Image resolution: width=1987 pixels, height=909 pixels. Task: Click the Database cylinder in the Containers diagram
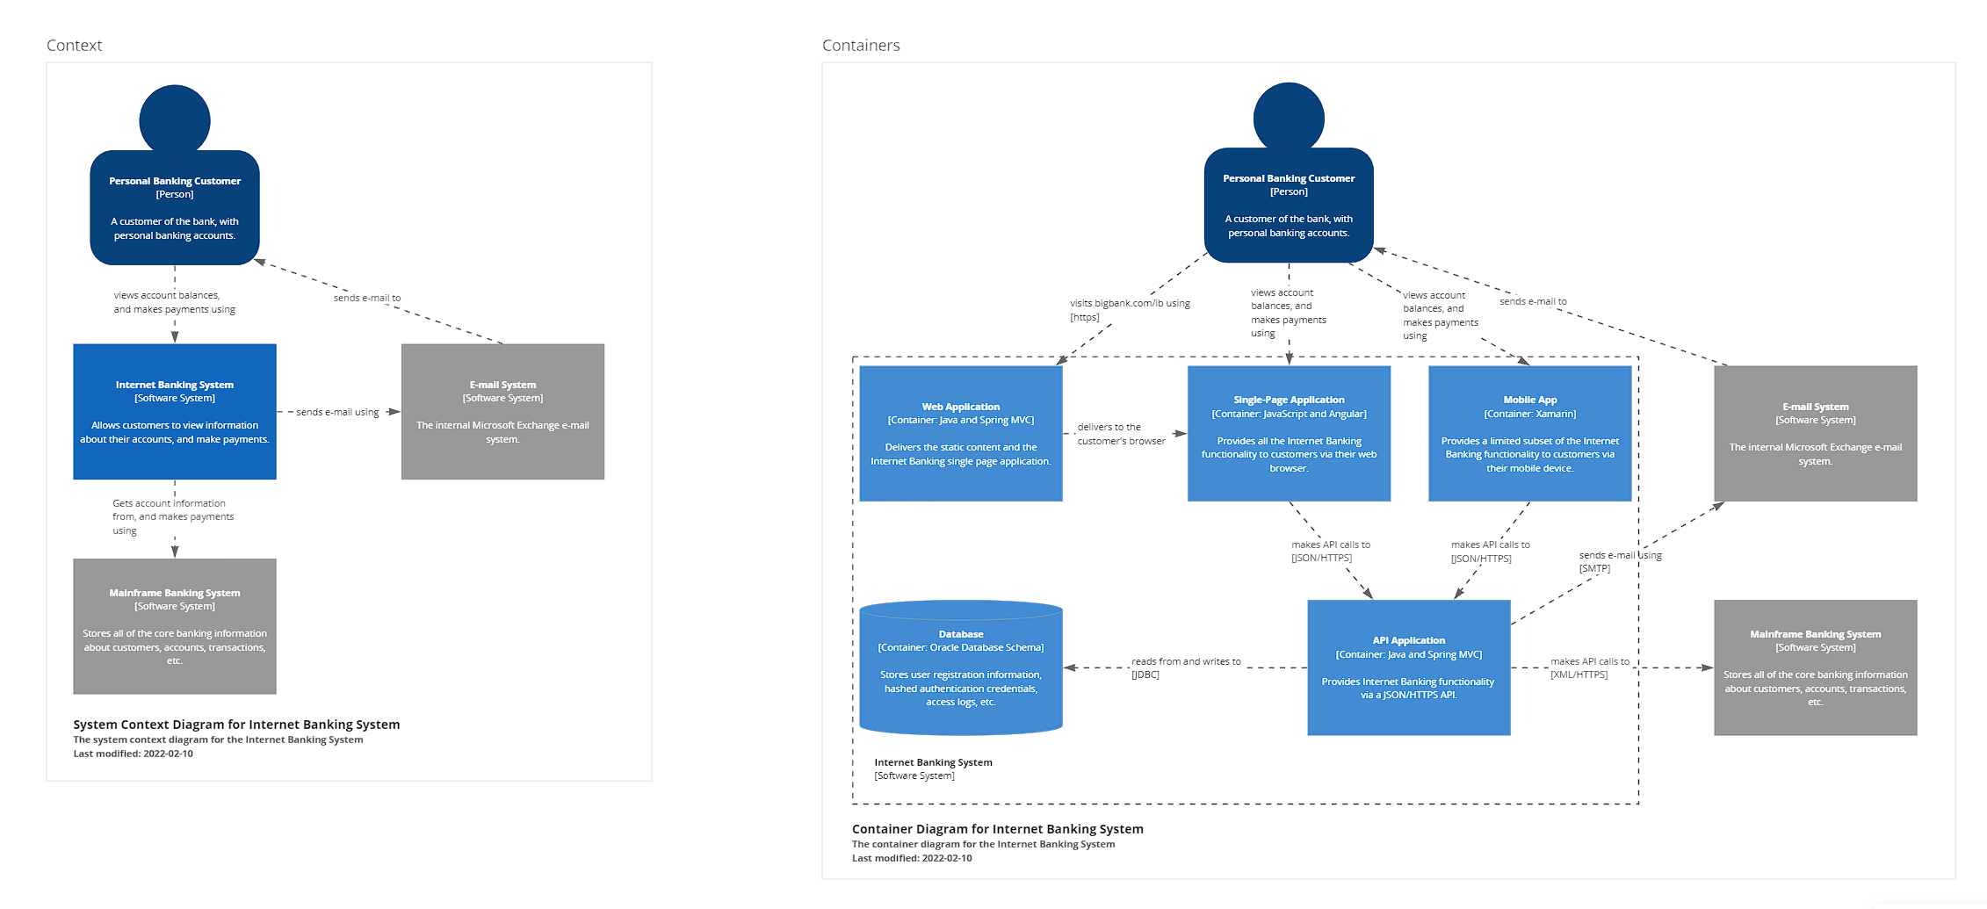pos(960,667)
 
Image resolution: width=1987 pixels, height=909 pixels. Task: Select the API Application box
pos(1408,667)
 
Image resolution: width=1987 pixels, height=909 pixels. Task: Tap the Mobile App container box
pos(1529,433)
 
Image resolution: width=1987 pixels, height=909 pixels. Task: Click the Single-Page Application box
pos(1289,433)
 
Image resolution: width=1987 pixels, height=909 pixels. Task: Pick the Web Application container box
pos(960,433)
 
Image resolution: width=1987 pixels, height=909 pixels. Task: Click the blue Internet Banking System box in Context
pos(174,411)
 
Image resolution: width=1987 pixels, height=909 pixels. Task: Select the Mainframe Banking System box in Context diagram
pos(174,626)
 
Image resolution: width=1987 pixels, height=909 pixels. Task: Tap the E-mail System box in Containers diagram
pos(1815,433)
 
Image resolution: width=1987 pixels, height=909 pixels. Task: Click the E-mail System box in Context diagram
pos(502,411)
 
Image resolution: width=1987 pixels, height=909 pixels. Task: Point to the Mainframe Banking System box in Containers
pos(1815,667)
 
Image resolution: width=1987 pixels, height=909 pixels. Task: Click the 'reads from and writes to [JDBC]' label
pos(1185,667)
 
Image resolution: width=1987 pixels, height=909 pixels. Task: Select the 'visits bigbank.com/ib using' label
pos(1129,304)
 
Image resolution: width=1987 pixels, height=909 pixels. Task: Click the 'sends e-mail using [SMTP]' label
pos(1619,561)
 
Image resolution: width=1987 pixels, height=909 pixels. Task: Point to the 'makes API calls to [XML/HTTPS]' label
pos(1589,667)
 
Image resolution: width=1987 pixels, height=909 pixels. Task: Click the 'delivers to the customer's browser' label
pos(1120,434)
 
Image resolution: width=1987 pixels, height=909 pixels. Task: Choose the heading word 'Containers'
pos(860,46)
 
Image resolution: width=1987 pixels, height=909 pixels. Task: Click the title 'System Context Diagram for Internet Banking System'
pos(236,725)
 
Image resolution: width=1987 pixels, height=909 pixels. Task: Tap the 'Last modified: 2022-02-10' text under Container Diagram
pos(911,858)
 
